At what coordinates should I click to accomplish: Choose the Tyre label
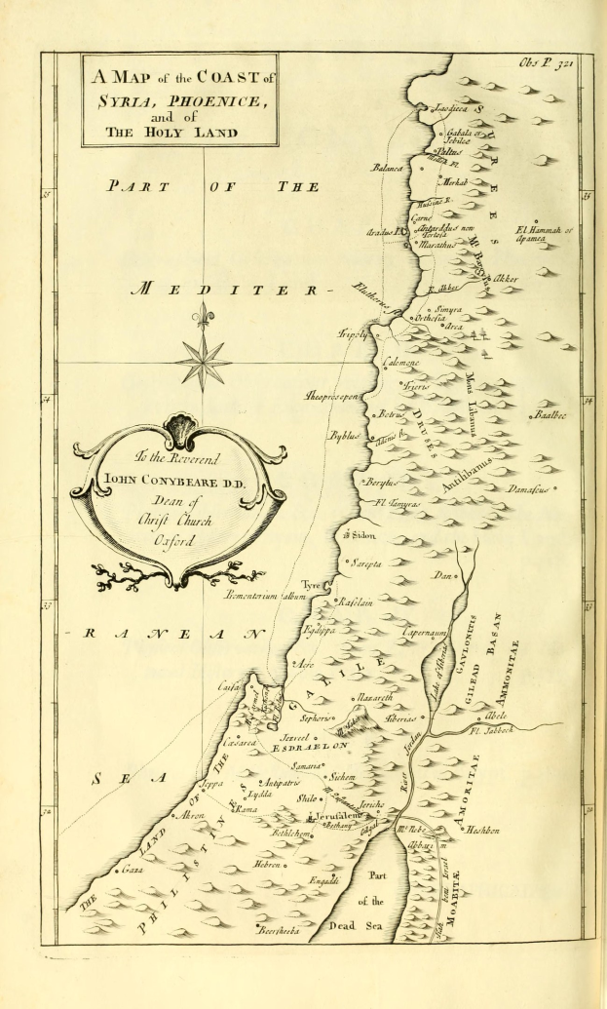tap(311, 584)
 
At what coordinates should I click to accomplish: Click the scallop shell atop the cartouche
tap(180, 426)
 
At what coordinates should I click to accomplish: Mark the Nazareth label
tap(375, 698)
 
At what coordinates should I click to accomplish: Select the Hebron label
tap(269, 864)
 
